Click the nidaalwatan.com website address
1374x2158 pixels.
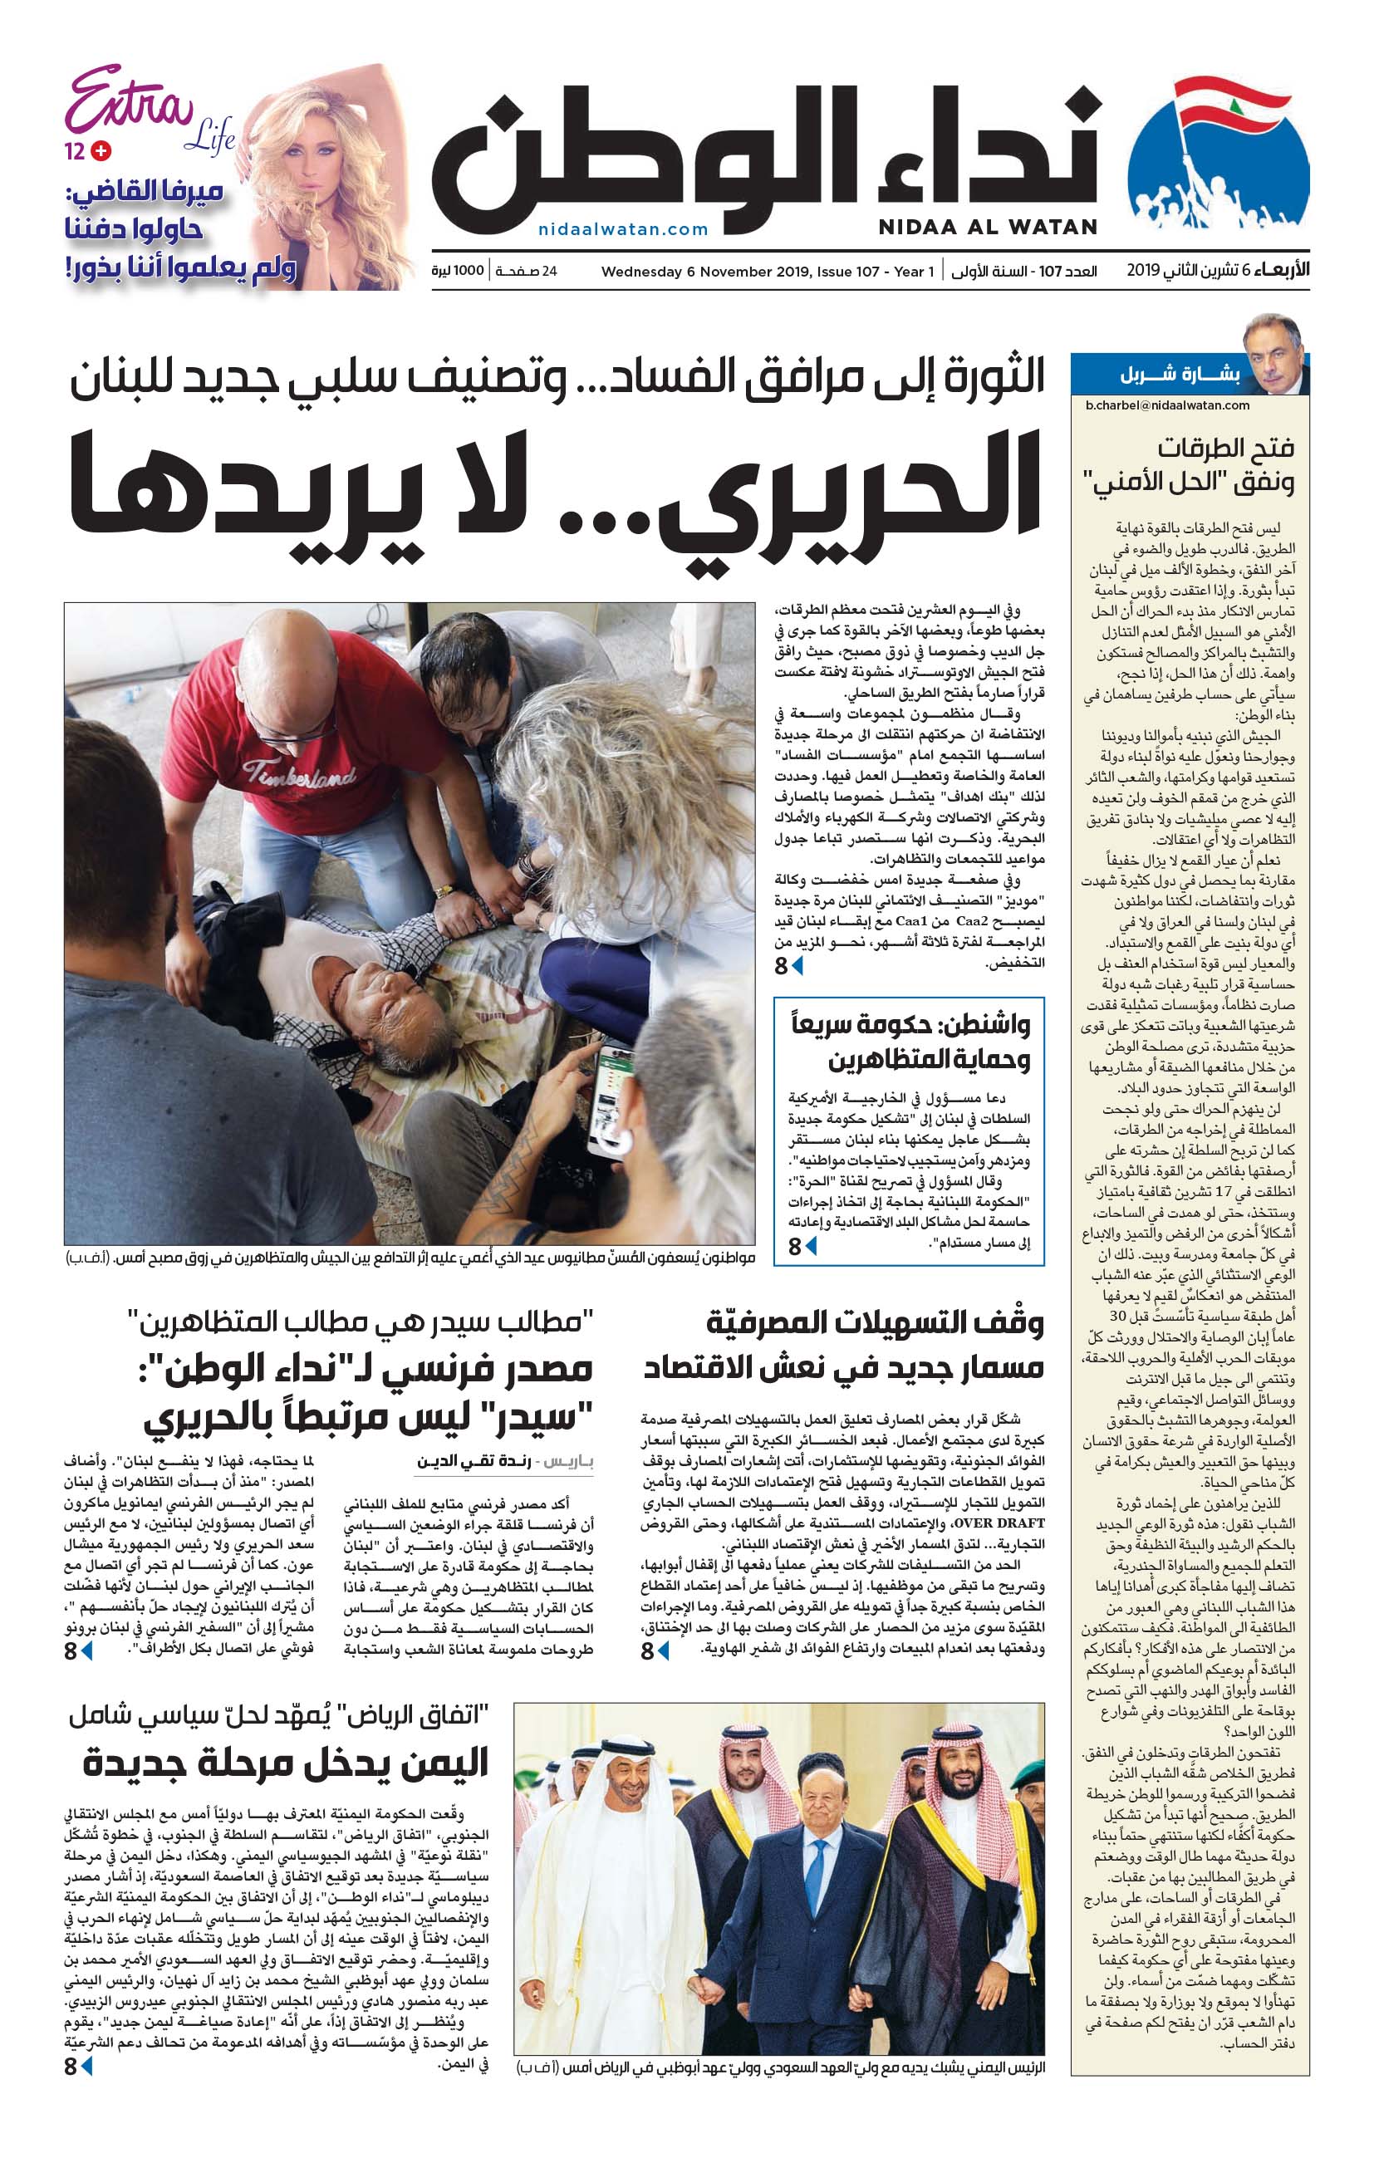pyautogui.click(x=623, y=229)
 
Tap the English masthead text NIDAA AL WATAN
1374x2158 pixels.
pyautogui.click(x=988, y=228)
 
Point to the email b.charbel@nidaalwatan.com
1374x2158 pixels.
pyautogui.click(x=1167, y=405)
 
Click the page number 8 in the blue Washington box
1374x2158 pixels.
pyautogui.click(x=795, y=1247)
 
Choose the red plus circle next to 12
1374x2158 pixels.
pyautogui.click(x=101, y=151)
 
